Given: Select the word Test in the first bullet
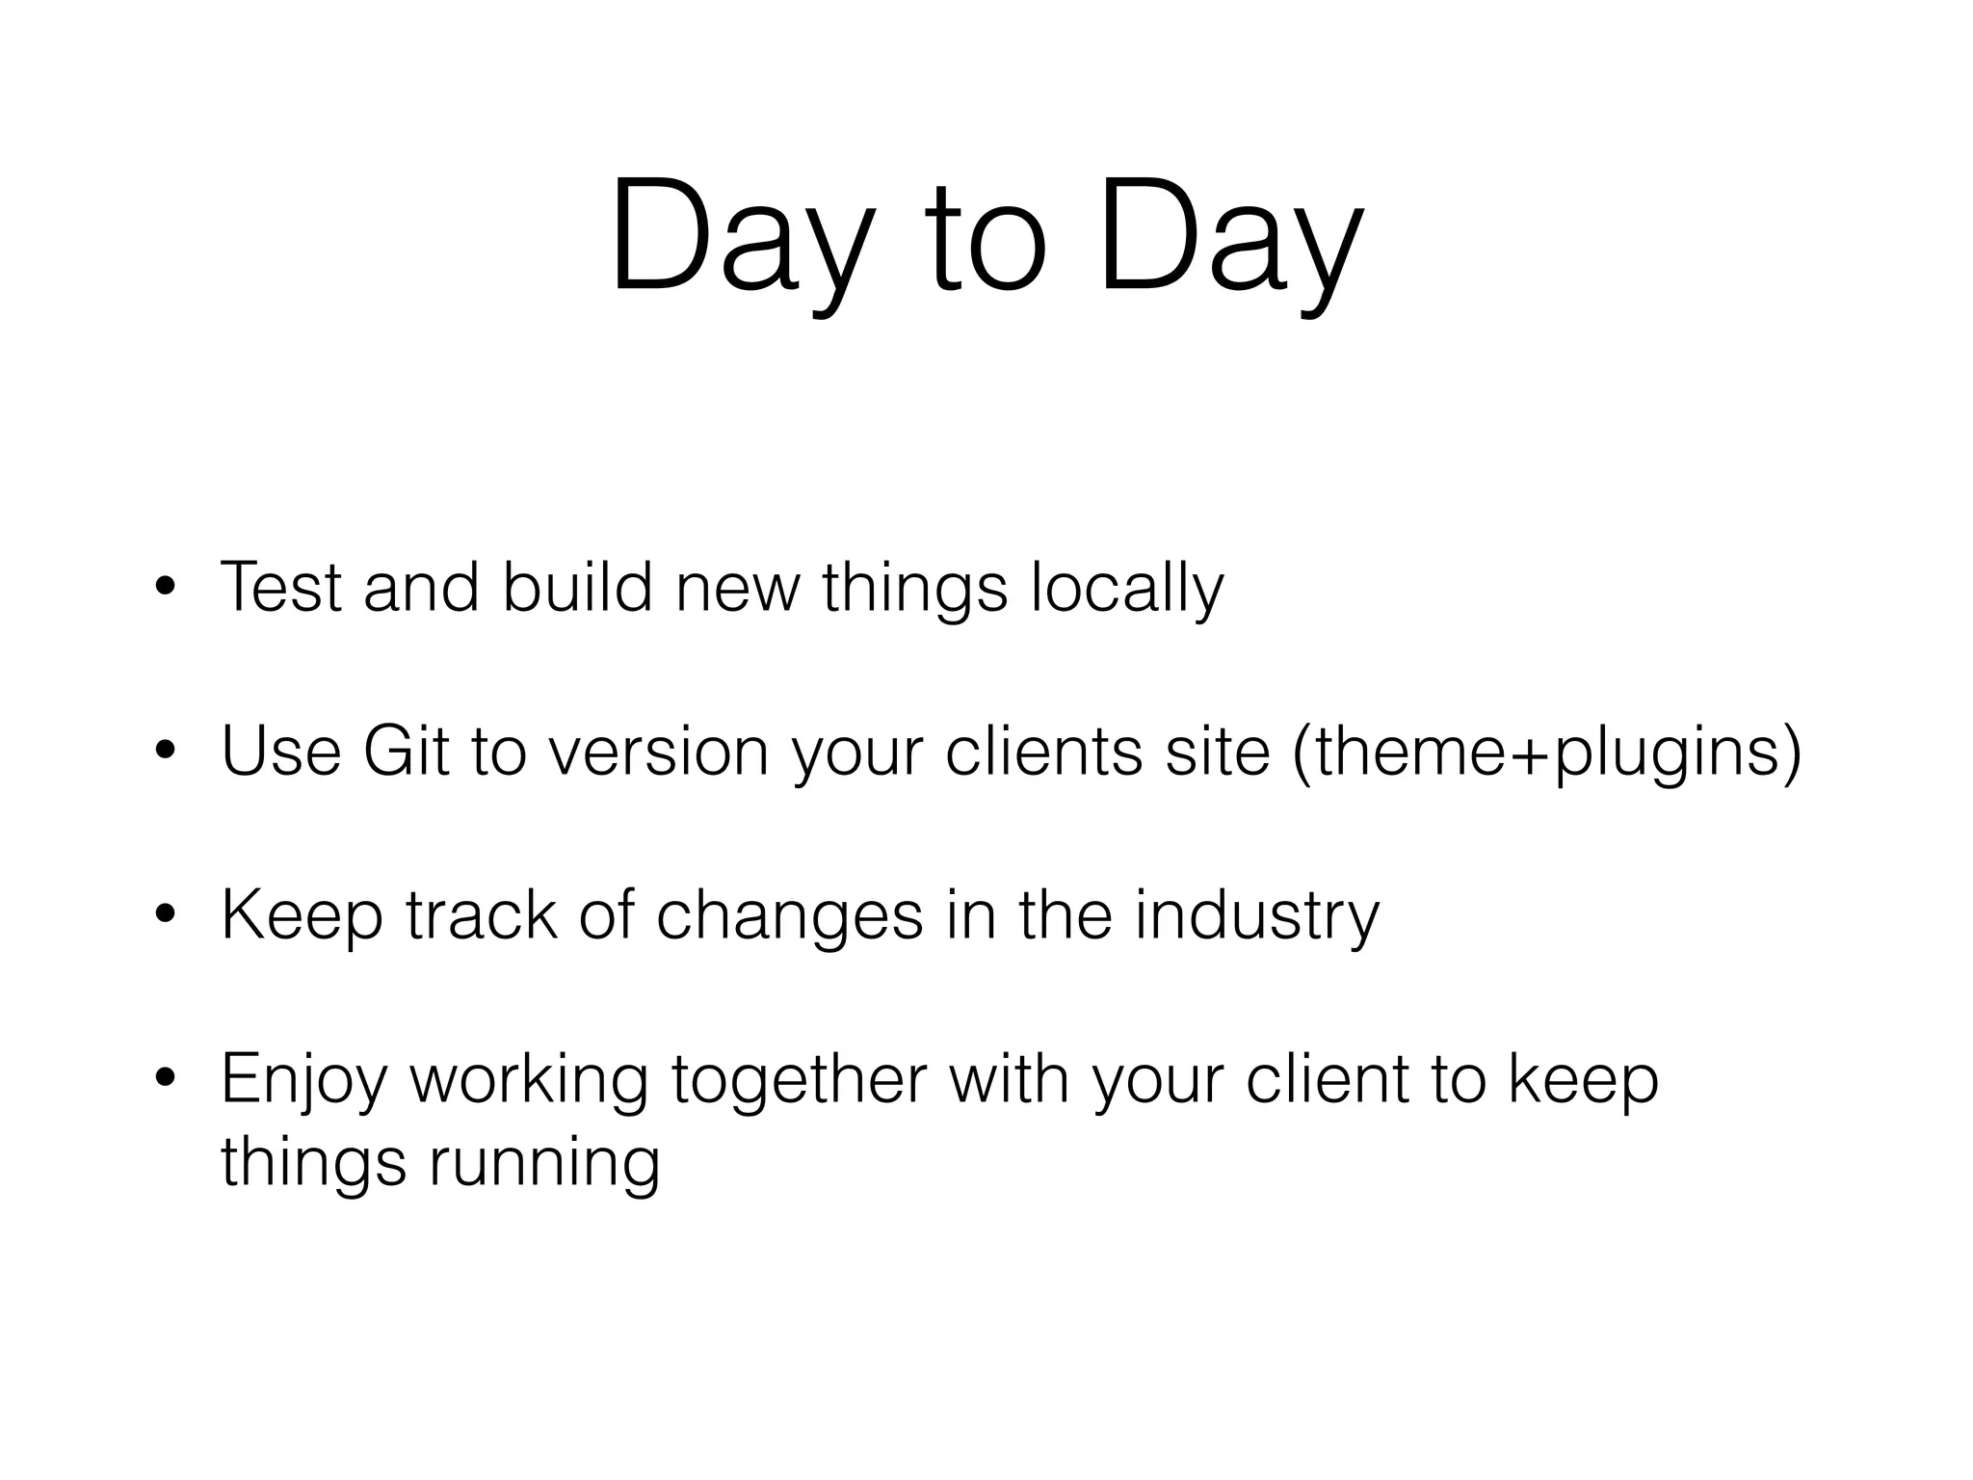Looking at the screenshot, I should click(x=280, y=587).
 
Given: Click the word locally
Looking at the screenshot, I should click(x=1127, y=589).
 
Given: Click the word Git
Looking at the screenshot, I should click(x=405, y=751).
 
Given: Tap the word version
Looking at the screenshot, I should click(x=658, y=751).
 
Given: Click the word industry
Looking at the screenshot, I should click(x=1256, y=916).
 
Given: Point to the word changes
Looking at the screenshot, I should click(x=789, y=916).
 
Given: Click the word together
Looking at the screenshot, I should click(x=799, y=1080).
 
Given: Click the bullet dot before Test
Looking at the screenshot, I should click(x=165, y=589).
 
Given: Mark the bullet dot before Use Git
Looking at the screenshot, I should click(x=165, y=753).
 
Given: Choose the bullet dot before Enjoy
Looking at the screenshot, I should click(x=165, y=1080).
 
